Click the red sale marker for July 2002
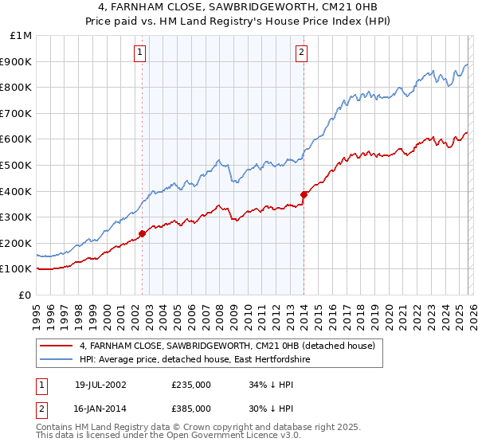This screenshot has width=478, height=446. click(x=143, y=233)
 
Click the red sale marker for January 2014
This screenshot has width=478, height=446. click(x=304, y=194)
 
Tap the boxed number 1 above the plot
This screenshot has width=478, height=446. click(x=140, y=53)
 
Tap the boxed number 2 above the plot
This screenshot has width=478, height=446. click(x=302, y=53)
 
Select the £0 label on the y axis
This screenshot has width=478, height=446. click(x=24, y=295)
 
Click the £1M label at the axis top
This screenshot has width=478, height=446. click(x=22, y=35)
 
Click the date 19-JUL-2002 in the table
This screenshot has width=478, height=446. click(x=100, y=385)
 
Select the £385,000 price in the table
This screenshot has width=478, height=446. click(x=190, y=408)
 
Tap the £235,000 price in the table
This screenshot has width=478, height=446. click(x=190, y=385)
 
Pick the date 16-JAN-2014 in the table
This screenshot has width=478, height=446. click(x=100, y=408)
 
